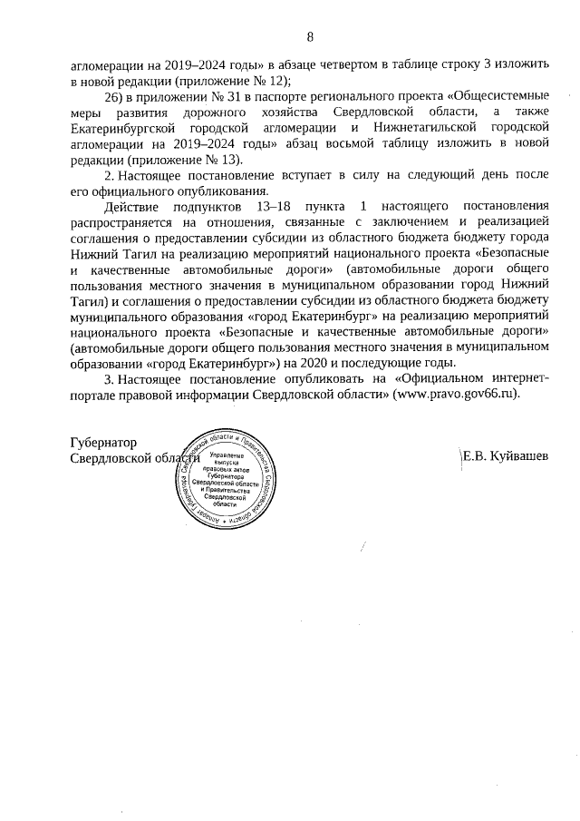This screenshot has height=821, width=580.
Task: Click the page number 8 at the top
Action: coord(310,37)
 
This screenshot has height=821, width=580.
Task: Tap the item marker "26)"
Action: coord(114,96)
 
